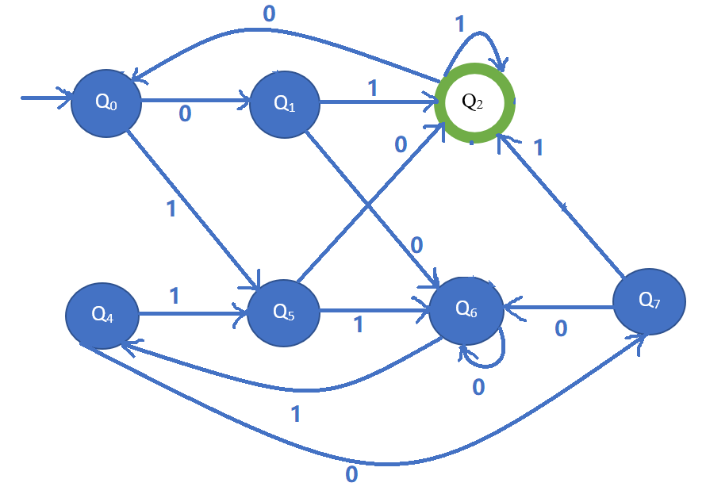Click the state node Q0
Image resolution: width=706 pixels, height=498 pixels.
[106, 102]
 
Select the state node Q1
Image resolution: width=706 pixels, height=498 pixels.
[285, 104]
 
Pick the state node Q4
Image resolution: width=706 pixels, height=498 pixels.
[102, 315]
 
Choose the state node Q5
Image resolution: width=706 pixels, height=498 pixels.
[283, 312]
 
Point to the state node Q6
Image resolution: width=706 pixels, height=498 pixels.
[466, 310]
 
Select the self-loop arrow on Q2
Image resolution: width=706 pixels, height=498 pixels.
[477, 40]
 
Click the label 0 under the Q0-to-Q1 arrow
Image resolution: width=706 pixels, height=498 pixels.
[185, 115]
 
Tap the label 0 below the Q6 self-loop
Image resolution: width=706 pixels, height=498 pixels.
[478, 386]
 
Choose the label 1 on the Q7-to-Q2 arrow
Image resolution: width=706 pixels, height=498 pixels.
[539, 147]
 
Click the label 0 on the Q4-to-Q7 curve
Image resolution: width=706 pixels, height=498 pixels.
[351, 475]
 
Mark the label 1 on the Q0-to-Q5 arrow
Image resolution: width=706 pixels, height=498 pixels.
[171, 209]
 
